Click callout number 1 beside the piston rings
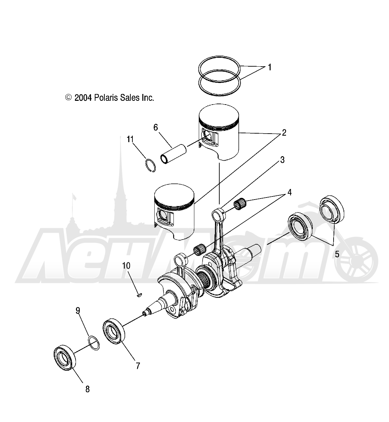pyautogui.click(x=270, y=67)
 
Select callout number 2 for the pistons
pyautogui.click(x=284, y=133)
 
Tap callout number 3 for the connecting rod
pyautogui.click(x=282, y=160)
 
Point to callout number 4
pyautogui.click(x=289, y=192)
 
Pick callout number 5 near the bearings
pyautogui.click(x=337, y=254)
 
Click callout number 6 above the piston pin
pyautogui.click(x=156, y=127)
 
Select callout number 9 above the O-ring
pyautogui.click(x=78, y=311)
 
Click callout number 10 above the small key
pyautogui.click(x=126, y=266)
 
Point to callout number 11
pyautogui.click(x=130, y=139)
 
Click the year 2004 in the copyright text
pyautogui.click(x=83, y=98)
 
